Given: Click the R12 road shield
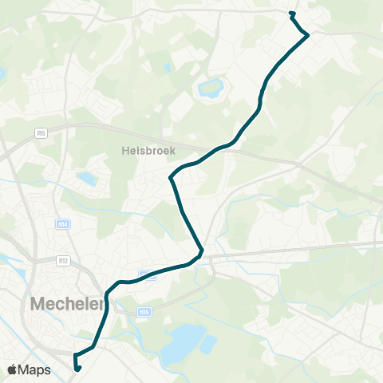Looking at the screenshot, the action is pos(65,260).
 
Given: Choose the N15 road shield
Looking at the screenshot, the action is pos(144,312).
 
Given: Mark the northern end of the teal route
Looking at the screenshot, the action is pos(292,14).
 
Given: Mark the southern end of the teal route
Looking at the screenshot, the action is pos(77,368).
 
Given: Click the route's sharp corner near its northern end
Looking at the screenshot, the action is pos(307,35).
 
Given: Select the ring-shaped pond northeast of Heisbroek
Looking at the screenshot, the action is pos(211,88).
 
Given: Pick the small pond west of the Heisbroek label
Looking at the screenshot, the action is pos(87,179).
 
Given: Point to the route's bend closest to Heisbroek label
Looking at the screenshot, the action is pos(171,176).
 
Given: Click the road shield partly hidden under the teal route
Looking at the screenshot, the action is pos(148,274).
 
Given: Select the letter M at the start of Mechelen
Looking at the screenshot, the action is pos(38,304).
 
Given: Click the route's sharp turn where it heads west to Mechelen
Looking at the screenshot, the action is pos(201,254).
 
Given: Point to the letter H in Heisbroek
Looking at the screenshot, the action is pos(126,149).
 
